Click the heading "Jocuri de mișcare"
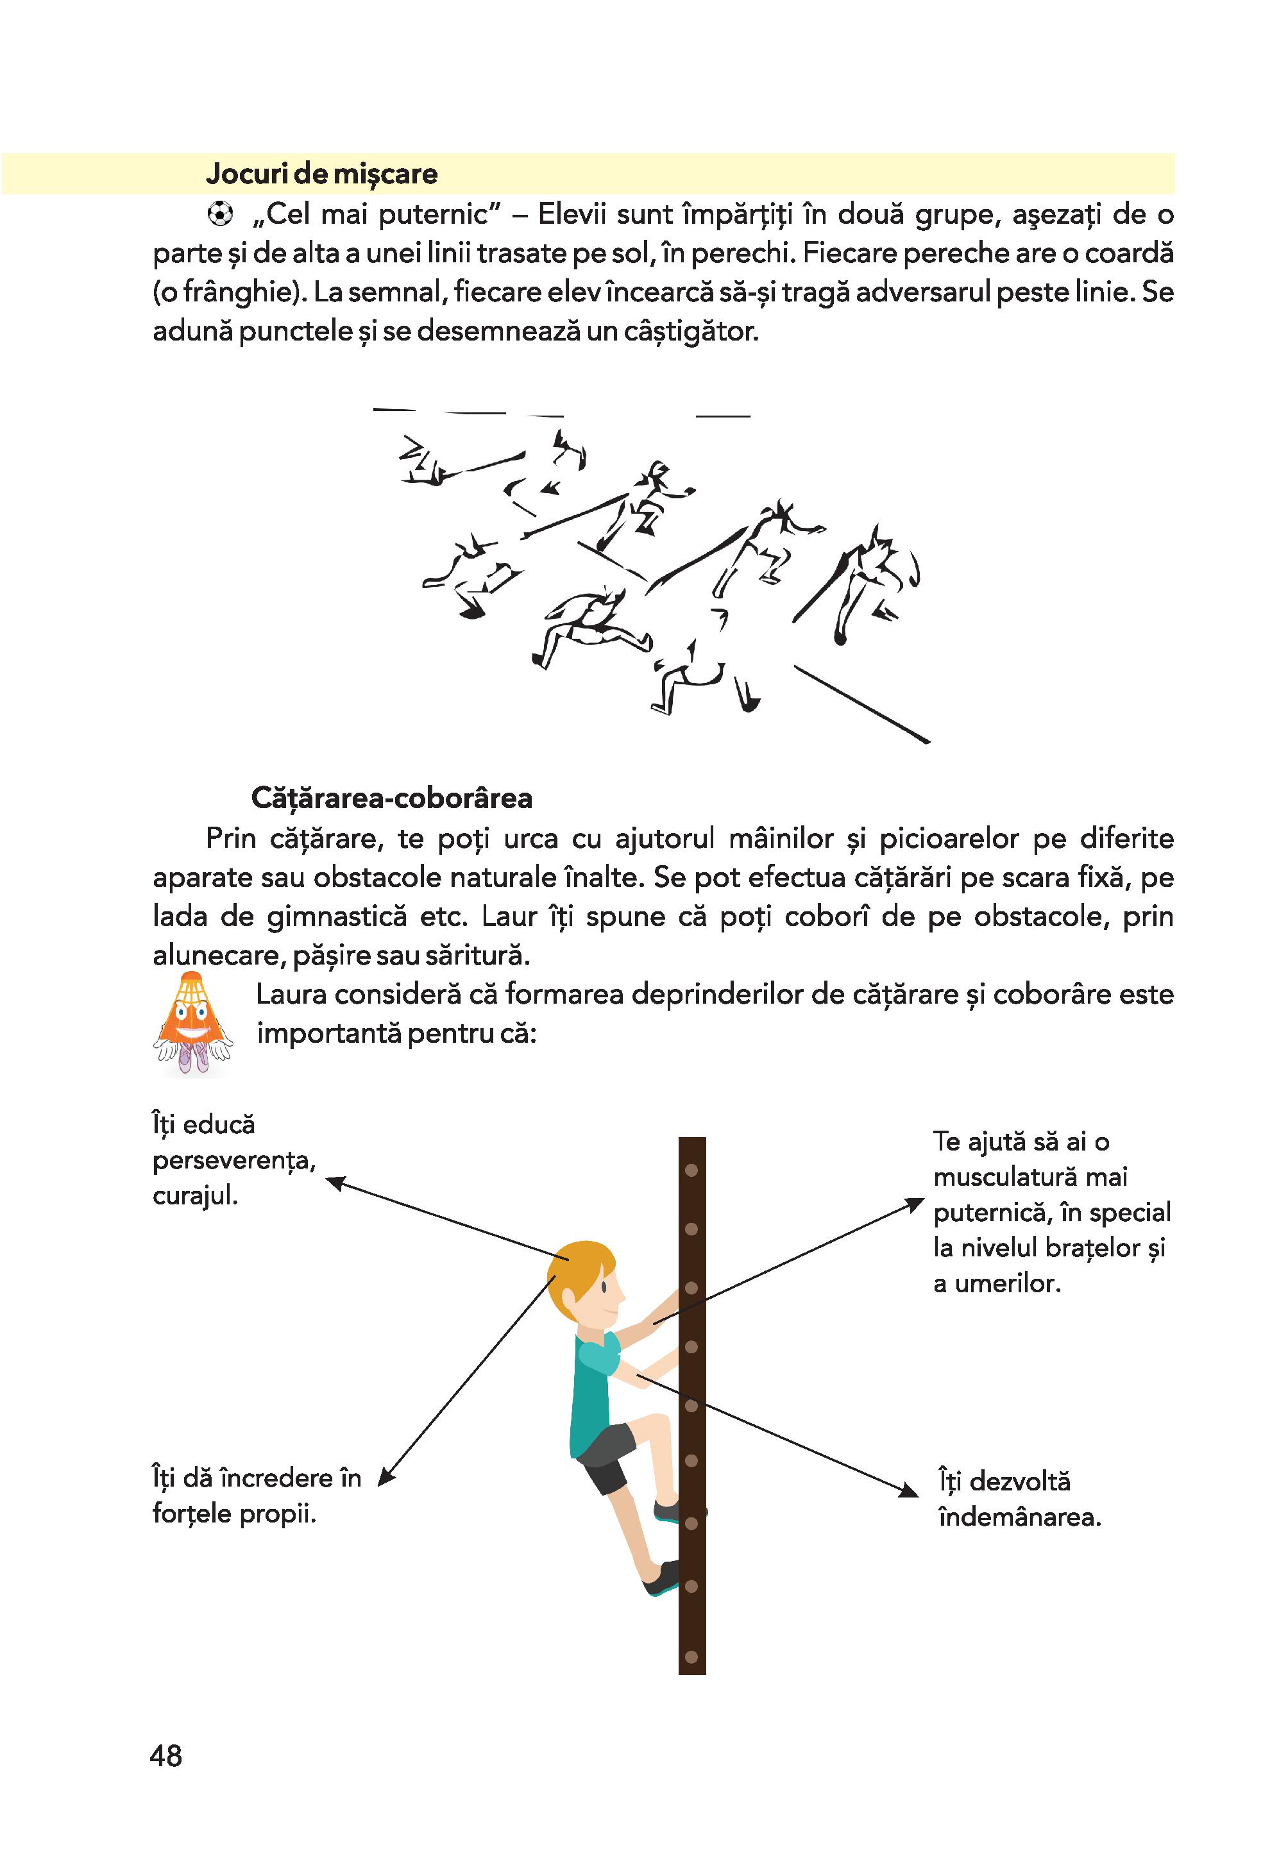(x=321, y=174)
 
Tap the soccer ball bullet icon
(x=219, y=214)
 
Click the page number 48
(x=166, y=1756)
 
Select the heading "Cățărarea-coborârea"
(x=391, y=798)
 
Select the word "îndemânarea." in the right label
(x=1019, y=1518)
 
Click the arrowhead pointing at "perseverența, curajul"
(x=334, y=1182)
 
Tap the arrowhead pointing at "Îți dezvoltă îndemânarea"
(x=910, y=1491)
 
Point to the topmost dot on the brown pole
(x=691, y=1170)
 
